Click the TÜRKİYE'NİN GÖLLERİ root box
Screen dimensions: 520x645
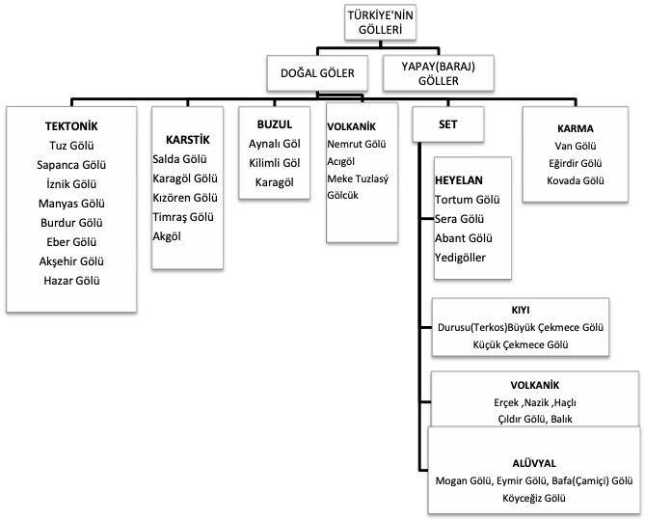pyautogui.click(x=380, y=23)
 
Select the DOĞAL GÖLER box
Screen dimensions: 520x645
pyautogui.click(x=316, y=72)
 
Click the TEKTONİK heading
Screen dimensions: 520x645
pyautogui.click(x=72, y=126)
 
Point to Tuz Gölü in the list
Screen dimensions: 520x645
pyautogui.click(x=72, y=146)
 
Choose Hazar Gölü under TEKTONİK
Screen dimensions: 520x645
pyautogui.click(x=72, y=281)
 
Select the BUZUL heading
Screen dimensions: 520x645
pyautogui.click(x=273, y=125)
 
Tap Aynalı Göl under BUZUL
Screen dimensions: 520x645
pyautogui.click(x=274, y=145)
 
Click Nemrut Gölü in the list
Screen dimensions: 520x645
pyautogui.click(x=356, y=145)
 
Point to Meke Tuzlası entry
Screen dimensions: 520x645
pyautogui.click(x=358, y=179)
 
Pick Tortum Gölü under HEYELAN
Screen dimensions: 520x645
pyautogui.click(x=468, y=200)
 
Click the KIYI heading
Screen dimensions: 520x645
pyautogui.click(x=522, y=311)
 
